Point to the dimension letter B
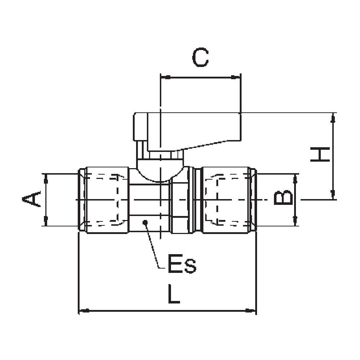pyautogui.click(x=283, y=198)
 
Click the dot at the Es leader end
pyautogui.click(x=145, y=222)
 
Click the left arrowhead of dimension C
pyautogui.click(x=165, y=77)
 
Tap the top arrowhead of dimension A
pyautogui.click(x=45, y=177)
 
